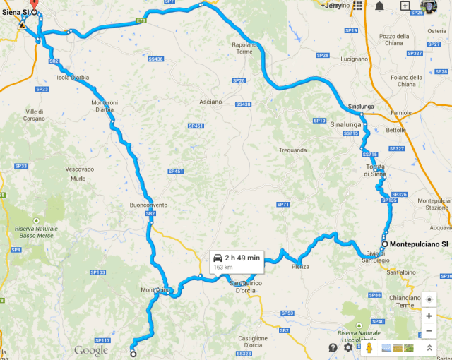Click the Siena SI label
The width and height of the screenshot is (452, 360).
[x=15, y=13]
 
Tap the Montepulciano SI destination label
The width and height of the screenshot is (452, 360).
[x=420, y=244]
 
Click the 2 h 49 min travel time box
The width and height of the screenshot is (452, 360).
[x=236, y=262]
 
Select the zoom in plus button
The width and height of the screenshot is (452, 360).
[x=429, y=316]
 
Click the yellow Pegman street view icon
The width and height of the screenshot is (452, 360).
[x=368, y=347]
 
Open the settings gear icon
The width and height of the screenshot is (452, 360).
[x=348, y=347]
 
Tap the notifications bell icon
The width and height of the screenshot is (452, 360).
[x=380, y=6]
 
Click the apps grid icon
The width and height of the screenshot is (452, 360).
[x=358, y=6]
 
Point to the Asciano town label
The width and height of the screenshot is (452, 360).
[x=210, y=102]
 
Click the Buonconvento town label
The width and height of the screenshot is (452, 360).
[x=148, y=205]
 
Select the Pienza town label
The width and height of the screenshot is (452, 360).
[x=300, y=266]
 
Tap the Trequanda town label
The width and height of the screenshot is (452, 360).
[x=293, y=150]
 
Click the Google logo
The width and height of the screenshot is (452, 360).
[x=91, y=349]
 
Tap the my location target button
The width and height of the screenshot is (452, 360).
[x=429, y=299]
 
